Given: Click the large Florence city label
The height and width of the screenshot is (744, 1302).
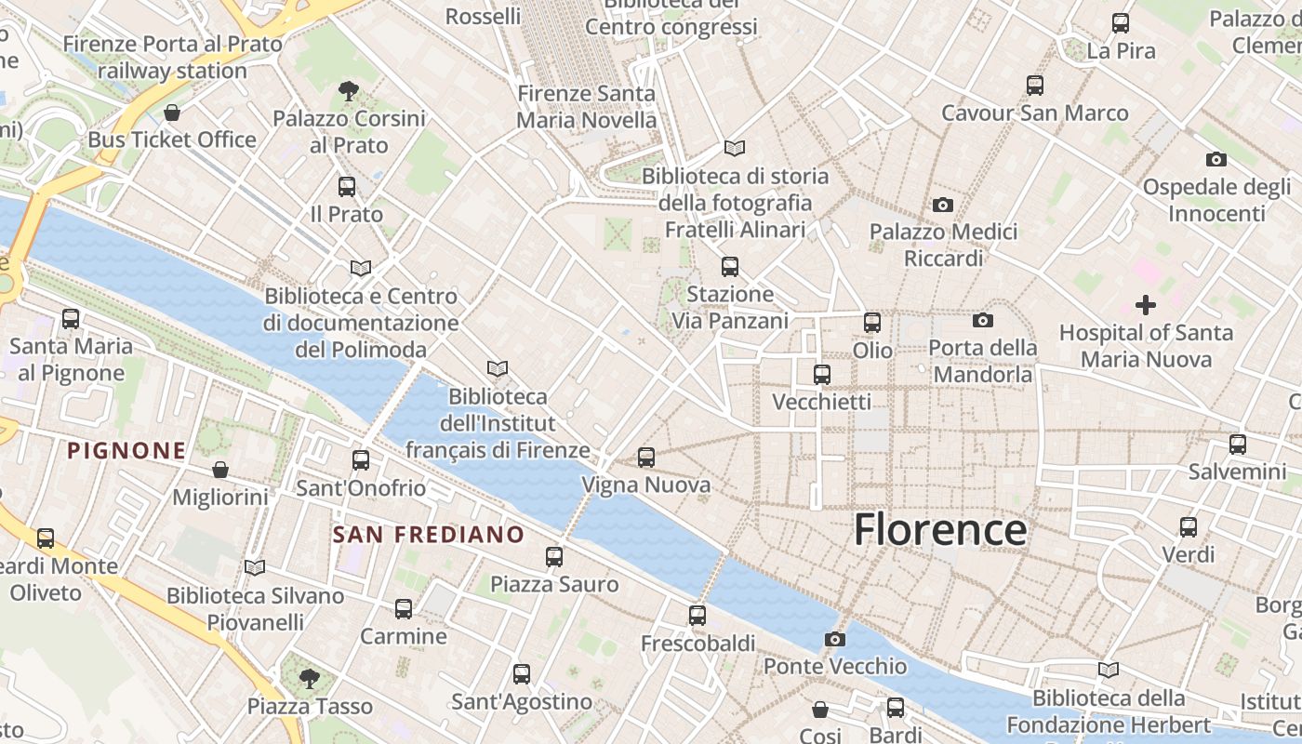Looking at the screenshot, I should [940, 529].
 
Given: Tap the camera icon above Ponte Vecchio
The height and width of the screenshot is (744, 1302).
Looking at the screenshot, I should [835, 639].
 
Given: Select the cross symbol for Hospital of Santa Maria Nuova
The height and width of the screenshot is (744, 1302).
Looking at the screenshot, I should [1146, 304].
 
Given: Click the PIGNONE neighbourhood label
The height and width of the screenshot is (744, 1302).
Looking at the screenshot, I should [126, 451].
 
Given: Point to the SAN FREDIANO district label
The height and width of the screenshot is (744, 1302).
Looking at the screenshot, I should [429, 535].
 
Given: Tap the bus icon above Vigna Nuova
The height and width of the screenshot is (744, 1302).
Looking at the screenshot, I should [646, 458].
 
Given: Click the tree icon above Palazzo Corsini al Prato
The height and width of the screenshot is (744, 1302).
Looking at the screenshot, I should [349, 91].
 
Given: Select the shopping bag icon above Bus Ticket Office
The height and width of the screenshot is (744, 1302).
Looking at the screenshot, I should [172, 113].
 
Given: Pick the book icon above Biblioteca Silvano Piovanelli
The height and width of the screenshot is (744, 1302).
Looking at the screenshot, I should [255, 567].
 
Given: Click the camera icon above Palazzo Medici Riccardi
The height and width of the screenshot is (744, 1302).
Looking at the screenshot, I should [943, 205].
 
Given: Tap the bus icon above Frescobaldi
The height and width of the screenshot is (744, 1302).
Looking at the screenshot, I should [697, 615].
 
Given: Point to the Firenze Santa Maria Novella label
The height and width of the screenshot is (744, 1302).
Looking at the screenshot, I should [586, 107].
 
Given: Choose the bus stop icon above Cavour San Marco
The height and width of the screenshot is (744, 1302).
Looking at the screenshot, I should [1035, 86].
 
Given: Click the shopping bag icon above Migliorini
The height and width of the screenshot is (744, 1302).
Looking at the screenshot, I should [220, 470].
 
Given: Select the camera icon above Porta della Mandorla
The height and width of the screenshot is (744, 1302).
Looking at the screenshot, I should [983, 321].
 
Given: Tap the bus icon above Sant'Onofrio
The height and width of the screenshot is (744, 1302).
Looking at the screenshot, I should [361, 460].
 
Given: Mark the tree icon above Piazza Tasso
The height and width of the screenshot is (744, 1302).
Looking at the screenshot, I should [310, 678].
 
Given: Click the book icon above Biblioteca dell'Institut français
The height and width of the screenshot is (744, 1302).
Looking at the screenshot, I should [498, 369].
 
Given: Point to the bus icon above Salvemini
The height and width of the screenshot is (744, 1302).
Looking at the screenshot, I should [1238, 445].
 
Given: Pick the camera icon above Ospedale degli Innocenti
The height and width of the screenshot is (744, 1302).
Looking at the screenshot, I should [1216, 159].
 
